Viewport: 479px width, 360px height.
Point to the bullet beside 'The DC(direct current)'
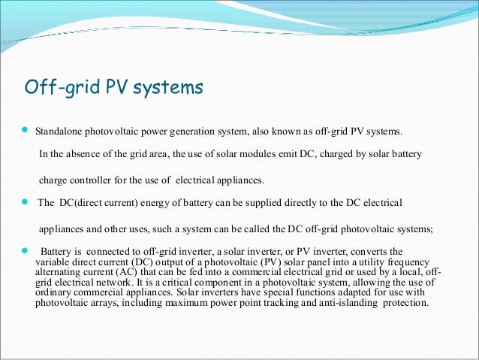22,202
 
